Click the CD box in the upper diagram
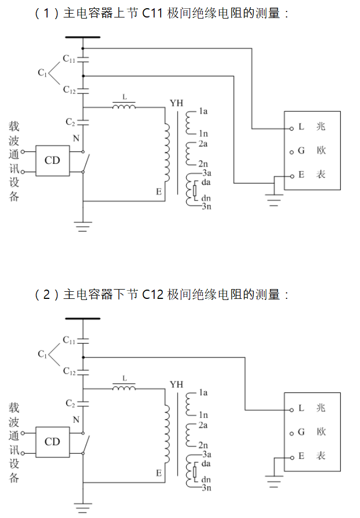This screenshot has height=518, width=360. coord(52,160)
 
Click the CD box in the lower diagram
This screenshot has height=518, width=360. coord(52,441)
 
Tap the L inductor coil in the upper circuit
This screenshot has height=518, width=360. coord(125,107)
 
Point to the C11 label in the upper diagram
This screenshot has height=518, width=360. coord(69,58)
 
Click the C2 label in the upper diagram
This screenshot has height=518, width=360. coord(70,121)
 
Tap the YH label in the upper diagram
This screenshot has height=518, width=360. coord(176,103)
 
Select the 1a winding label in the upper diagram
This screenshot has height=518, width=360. coord(203,111)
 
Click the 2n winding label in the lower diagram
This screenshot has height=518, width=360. coord(203,445)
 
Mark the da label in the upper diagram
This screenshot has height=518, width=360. coord(206,181)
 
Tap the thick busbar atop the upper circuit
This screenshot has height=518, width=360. coord(82,38)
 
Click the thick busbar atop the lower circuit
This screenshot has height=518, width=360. coord(82,319)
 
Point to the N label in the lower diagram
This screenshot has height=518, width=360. coord(76,419)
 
